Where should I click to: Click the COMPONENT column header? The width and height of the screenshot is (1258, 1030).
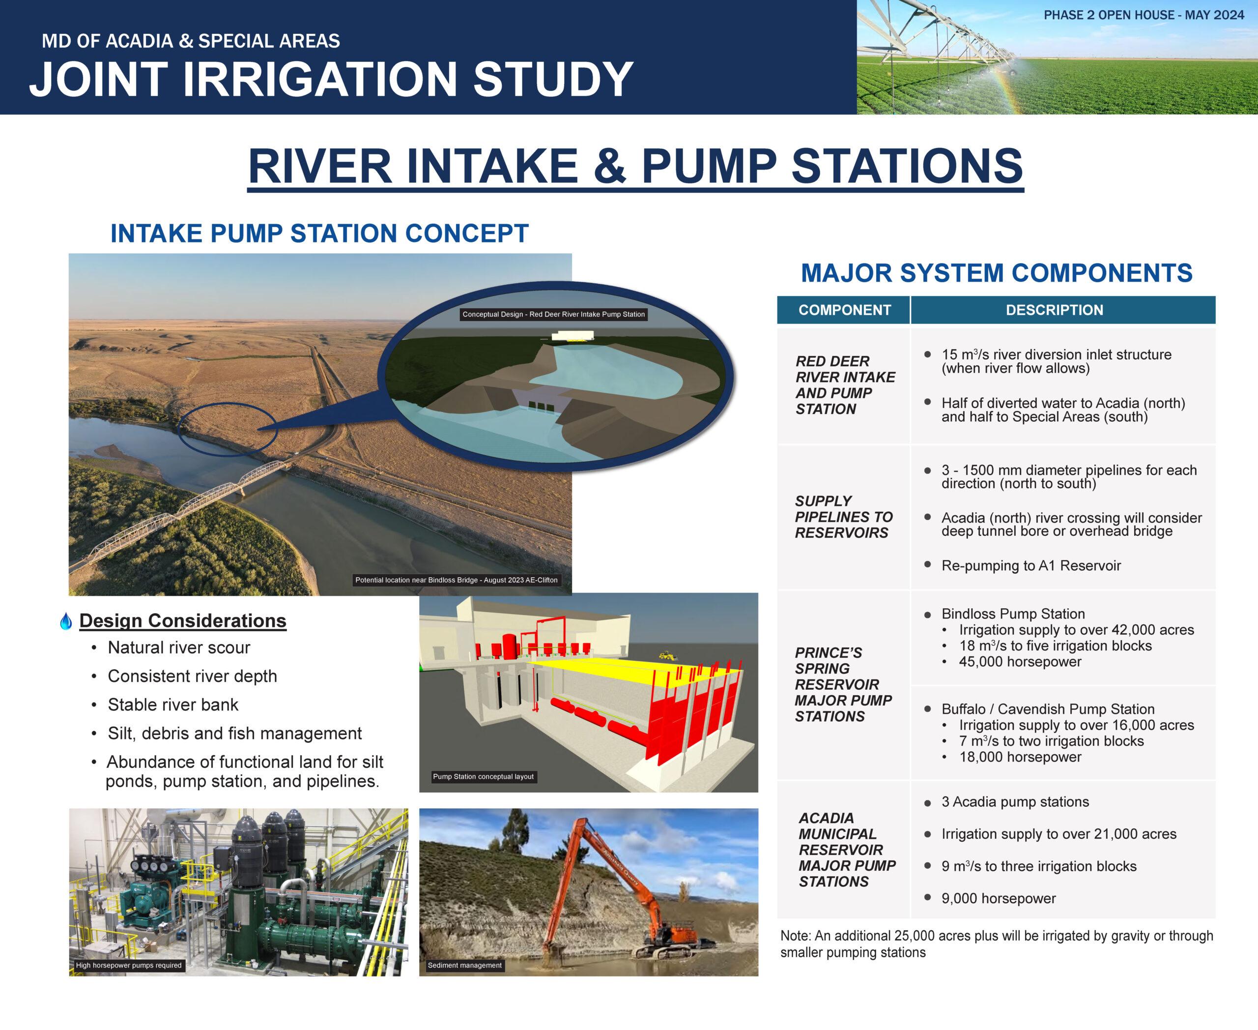[844, 310]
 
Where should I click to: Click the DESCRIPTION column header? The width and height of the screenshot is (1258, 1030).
[1054, 310]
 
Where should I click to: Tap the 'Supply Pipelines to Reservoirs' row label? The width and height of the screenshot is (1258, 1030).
[843, 517]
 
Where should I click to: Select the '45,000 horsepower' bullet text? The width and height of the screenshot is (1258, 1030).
[1020, 662]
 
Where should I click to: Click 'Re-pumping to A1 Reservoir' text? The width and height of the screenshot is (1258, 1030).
[1031, 565]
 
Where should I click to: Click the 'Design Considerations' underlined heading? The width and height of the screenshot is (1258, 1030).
[183, 620]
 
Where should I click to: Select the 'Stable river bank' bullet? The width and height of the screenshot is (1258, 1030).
[172, 705]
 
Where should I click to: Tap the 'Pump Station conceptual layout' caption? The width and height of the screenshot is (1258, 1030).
[484, 777]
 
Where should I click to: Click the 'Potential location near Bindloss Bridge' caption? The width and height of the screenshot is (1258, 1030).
[456, 580]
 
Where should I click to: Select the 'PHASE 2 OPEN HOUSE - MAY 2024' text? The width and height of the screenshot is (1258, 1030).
[1144, 15]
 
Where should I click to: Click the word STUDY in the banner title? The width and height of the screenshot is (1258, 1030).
[553, 79]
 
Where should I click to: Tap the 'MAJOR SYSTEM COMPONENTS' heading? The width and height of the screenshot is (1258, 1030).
[997, 273]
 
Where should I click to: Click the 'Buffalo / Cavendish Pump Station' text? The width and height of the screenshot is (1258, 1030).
[1048, 709]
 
